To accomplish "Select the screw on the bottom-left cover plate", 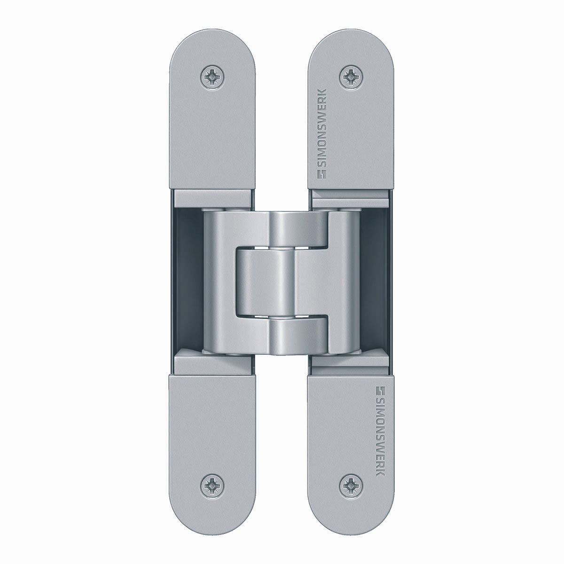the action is coord(213,486).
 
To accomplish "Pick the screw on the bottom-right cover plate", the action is coord(352,486).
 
